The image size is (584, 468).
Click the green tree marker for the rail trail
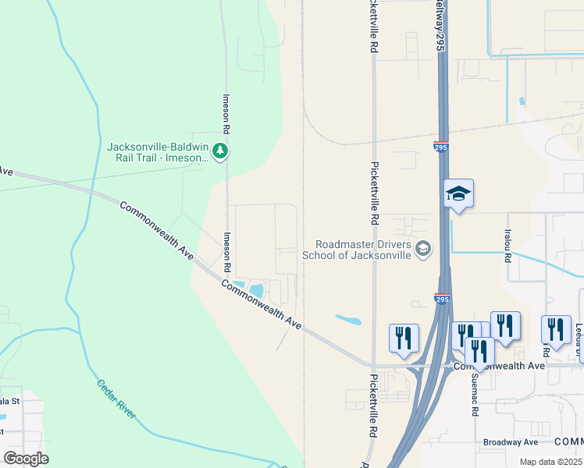[x=220, y=151]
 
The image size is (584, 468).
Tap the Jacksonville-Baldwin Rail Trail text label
[x=159, y=151]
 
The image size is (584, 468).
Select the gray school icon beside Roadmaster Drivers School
[x=422, y=249]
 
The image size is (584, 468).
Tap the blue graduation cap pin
[x=458, y=195]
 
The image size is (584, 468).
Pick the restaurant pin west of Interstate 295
[x=404, y=338]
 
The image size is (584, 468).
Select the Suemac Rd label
[x=474, y=395]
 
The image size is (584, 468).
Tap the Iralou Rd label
[x=507, y=244]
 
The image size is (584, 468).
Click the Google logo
[x=26, y=459]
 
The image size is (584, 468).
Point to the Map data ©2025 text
[x=550, y=462]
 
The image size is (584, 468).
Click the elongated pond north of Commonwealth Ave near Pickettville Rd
[x=348, y=319]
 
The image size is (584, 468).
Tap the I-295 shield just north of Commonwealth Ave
[x=441, y=298]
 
